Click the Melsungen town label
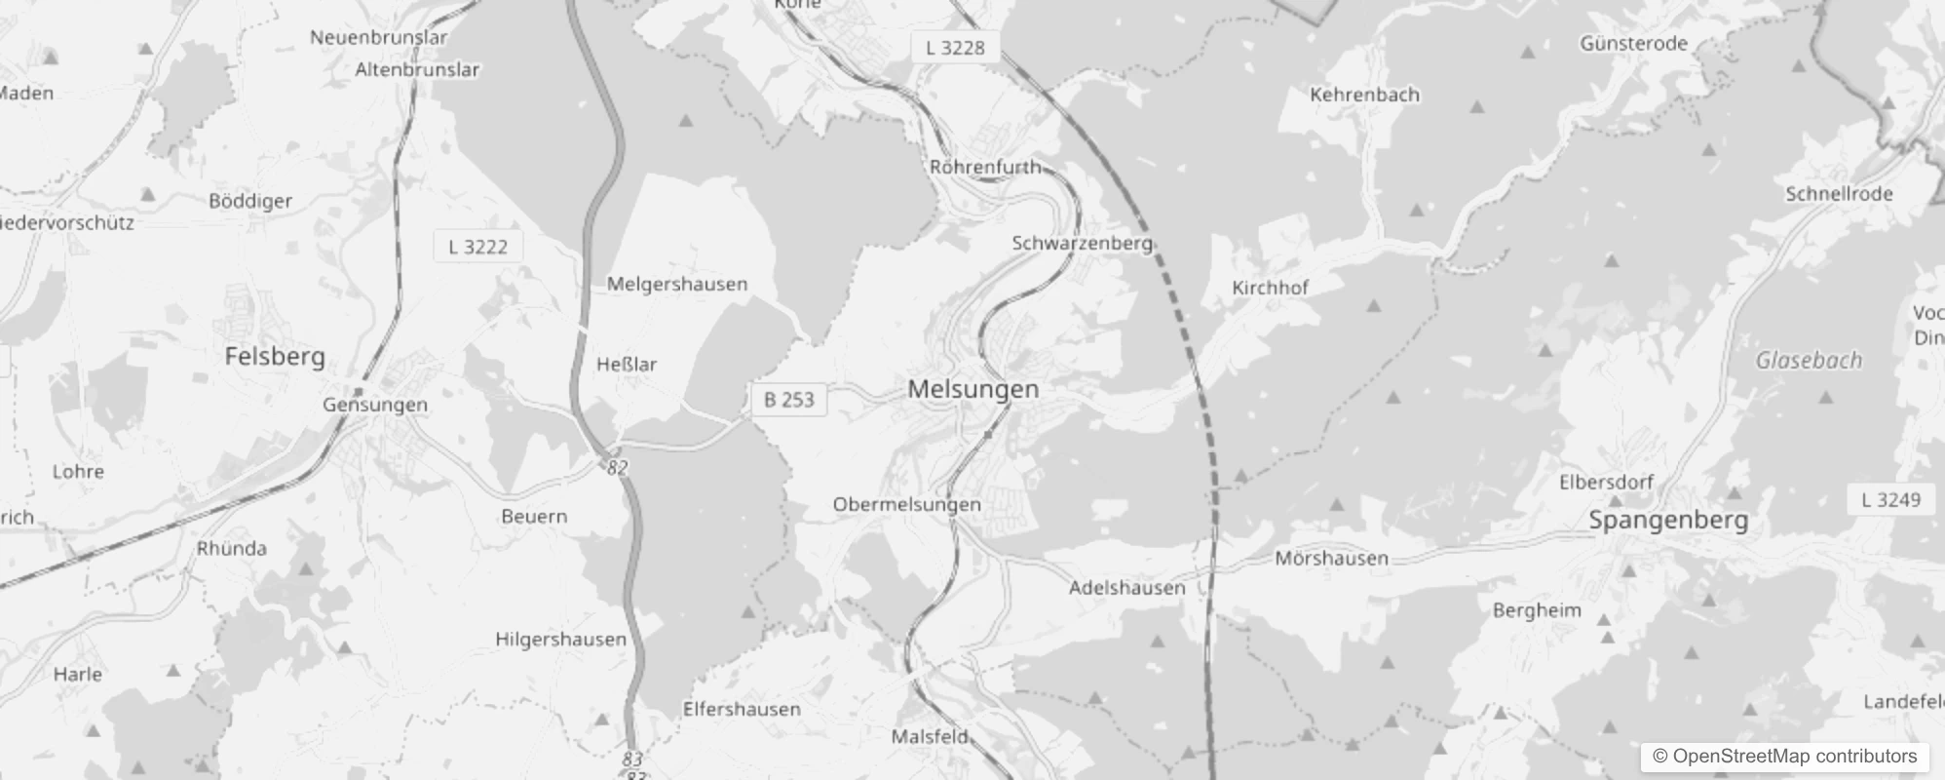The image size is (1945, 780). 972,389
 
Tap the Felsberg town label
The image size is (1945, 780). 275,356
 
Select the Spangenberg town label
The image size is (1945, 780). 1668,520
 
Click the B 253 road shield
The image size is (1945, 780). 788,400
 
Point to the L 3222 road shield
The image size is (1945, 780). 477,247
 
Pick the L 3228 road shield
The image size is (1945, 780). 955,48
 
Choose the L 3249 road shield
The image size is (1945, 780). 1890,500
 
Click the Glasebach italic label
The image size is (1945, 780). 1809,361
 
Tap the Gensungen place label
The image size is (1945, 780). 375,405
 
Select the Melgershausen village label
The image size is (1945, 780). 677,284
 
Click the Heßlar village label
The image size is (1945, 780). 627,365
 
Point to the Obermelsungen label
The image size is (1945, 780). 906,504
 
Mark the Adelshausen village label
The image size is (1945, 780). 1126,588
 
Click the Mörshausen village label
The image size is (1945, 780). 1331,559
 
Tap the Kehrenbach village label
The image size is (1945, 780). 1364,95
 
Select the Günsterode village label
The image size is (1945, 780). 1633,43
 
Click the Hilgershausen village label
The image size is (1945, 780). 560,640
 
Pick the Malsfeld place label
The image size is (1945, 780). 930,737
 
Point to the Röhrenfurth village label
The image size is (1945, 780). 985,167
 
